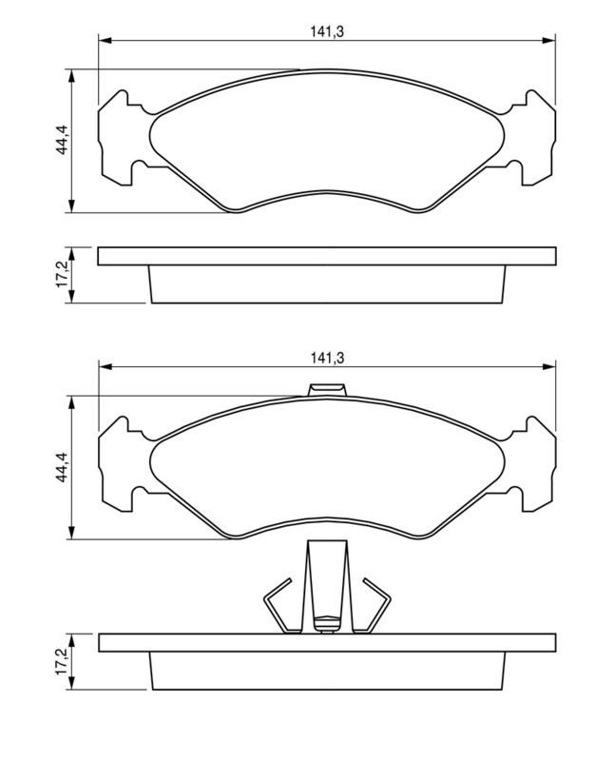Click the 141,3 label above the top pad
[x=326, y=31]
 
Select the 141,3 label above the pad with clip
[x=326, y=358]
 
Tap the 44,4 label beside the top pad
[x=60, y=141]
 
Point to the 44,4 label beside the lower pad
[x=60, y=467]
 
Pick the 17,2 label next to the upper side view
[x=60, y=275]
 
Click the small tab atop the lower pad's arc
[x=328, y=389]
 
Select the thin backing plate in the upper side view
[x=327, y=256]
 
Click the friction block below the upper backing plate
[x=327, y=284]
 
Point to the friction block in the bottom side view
[x=327, y=672]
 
